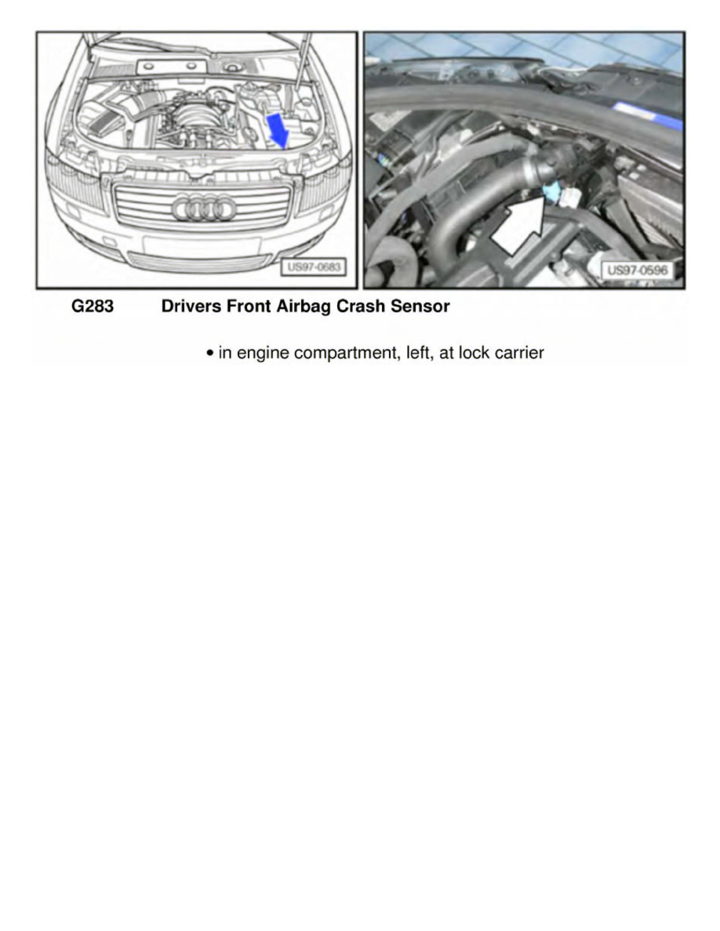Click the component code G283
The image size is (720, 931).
click(93, 307)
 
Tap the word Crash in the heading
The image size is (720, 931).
click(361, 307)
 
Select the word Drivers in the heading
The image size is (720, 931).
click(190, 307)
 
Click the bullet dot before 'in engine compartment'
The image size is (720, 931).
click(210, 354)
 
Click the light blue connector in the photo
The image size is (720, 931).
click(550, 191)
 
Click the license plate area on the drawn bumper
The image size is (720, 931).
click(202, 245)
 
